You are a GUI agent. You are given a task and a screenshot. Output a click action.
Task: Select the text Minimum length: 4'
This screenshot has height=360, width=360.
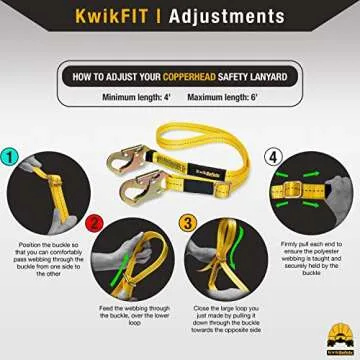pos(139,97)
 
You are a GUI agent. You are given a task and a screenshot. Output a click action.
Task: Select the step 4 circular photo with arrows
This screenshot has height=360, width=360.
pos(311,190)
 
